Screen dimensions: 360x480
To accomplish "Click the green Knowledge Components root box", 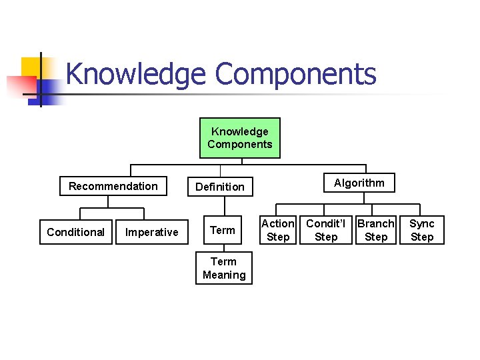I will [239, 138].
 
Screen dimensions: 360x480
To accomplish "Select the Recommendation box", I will [113, 186].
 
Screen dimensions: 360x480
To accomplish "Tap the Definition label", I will [220, 187].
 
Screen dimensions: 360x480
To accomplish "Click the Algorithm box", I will [359, 183].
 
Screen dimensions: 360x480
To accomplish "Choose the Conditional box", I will [75, 232].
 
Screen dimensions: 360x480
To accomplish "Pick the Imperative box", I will [152, 232].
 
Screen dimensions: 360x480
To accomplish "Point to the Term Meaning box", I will [224, 268].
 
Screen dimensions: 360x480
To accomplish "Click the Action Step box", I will [277, 230].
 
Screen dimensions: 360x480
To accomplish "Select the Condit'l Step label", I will [325, 230].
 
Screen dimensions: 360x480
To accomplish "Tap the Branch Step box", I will [376, 230].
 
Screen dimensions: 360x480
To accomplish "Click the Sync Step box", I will [421, 230].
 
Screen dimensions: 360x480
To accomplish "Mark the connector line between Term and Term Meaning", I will [223, 247].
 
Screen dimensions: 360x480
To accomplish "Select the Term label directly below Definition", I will [223, 231].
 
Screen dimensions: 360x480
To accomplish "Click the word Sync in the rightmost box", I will [421, 224].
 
